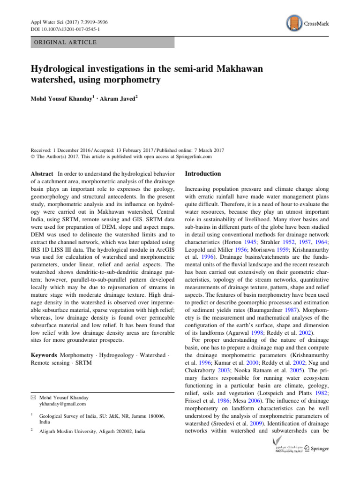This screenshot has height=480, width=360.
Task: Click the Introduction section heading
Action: (203, 173)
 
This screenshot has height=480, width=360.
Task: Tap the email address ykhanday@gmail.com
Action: (63, 404)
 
